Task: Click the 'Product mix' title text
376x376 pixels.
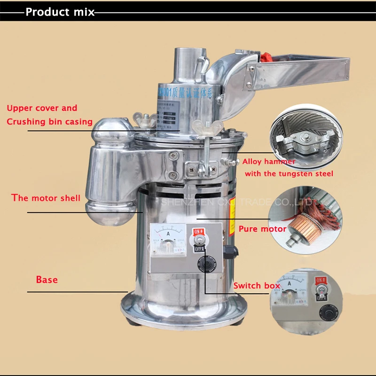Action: pyautogui.click(x=60, y=12)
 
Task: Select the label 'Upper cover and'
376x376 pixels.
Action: pyautogui.click(x=42, y=108)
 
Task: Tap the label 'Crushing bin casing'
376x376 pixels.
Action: pyautogui.click(x=49, y=122)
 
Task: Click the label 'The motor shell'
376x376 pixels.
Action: pyautogui.click(x=46, y=198)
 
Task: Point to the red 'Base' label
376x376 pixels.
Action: pyautogui.click(x=47, y=280)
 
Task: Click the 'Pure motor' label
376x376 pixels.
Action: pyautogui.click(x=262, y=229)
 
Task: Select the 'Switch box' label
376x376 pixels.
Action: pyautogui.click(x=257, y=285)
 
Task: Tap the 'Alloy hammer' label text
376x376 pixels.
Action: pyautogui.click(x=269, y=162)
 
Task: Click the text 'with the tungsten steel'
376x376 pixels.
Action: pyautogui.click(x=289, y=173)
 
